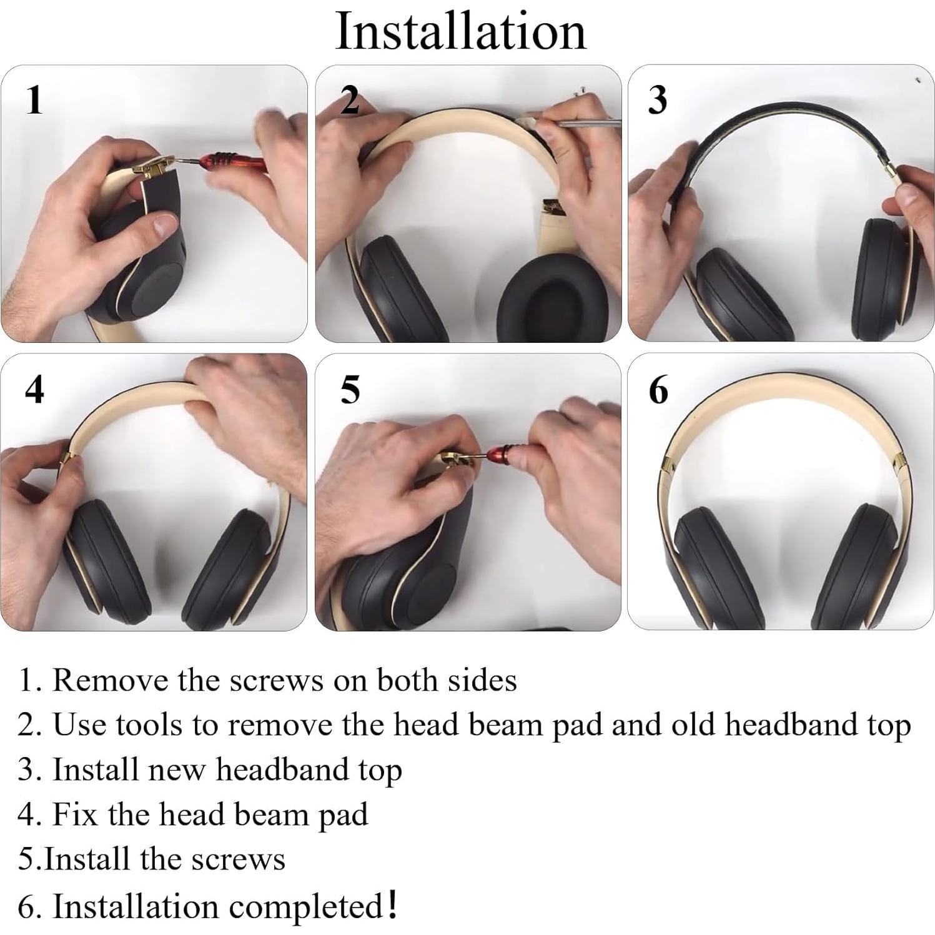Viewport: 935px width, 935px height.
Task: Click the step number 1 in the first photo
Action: click(35, 100)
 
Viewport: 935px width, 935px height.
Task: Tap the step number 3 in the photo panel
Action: click(657, 100)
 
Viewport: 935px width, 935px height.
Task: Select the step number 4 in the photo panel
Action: click(35, 390)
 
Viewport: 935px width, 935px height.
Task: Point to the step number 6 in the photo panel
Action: click(658, 390)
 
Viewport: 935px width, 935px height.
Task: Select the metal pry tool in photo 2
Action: click(587, 123)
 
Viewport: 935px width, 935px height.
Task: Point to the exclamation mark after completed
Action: click(392, 904)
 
